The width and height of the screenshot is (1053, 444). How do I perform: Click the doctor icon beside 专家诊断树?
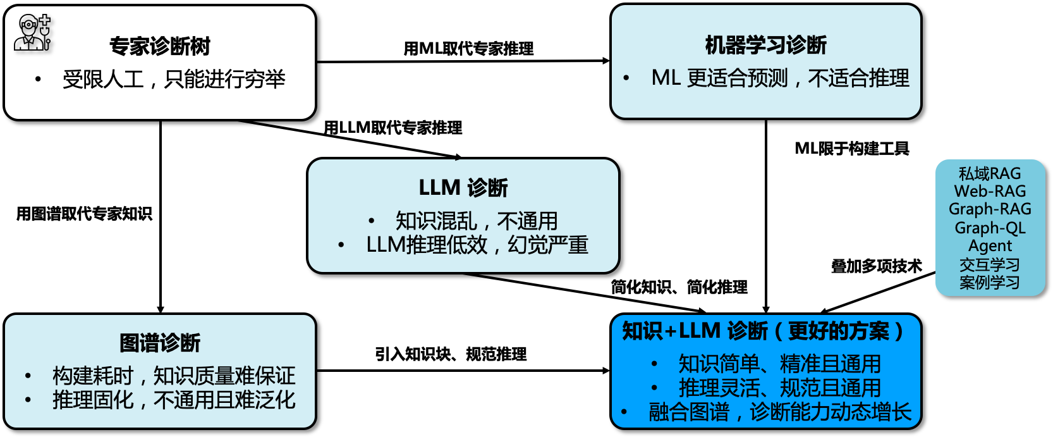pyautogui.click(x=32, y=33)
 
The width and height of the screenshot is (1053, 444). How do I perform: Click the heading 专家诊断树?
pyautogui.click(x=159, y=46)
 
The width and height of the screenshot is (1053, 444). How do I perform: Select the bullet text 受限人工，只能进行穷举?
pyautogui.click(x=174, y=80)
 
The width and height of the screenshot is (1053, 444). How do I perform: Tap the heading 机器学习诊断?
pyautogui.click(x=765, y=45)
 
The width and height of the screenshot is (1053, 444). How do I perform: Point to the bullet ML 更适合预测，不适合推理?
pyautogui.click(x=780, y=78)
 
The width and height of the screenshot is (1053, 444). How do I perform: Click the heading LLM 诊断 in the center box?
pyautogui.click(x=463, y=188)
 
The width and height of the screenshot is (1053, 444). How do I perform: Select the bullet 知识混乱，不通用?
pyautogui.click(x=477, y=221)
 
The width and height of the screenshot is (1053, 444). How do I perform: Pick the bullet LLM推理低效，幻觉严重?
pyautogui.click(x=477, y=245)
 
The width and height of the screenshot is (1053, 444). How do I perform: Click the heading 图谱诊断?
pyautogui.click(x=160, y=343)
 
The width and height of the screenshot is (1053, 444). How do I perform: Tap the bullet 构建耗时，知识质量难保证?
pyautogui.click(x=174, y=376)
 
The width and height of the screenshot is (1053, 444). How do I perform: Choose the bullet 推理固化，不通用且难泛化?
pyautogui.click(x=174, y=400)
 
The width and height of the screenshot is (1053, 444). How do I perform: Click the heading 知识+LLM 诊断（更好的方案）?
pyautogui.click(x=764, y=331)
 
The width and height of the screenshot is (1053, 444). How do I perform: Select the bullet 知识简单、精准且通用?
pyautogui.click(x=779, y=364)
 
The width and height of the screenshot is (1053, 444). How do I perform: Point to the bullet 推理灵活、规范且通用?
pyautogui.click(x=779, y=388)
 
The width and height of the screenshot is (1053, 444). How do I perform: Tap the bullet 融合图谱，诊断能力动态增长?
pyautogui.click(x=780, y=412)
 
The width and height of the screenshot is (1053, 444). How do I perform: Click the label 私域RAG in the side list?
pyautogui.click(x=990, y=173)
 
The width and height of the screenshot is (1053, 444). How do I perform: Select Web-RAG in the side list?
pyautogui.click(x=990, y=191)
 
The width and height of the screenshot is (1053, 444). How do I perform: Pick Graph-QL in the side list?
pyautogui.click(x=990, y=228)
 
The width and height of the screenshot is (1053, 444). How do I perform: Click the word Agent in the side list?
pyautogui.click(x=990, y=245)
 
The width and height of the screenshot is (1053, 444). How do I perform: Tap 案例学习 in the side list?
pyautogui.click(x=990, y=282)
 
